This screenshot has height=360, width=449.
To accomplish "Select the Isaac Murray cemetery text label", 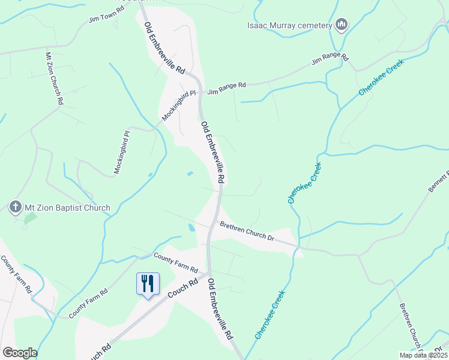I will point(290,26).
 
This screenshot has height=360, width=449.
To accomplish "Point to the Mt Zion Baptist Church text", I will point(67,208).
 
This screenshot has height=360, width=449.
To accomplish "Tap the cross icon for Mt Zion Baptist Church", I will point(16,208).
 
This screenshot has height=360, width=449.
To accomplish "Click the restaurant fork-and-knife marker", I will point(148,283).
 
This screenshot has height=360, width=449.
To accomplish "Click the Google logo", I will point(20,353).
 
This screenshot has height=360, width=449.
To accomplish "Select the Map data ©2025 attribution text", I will point(423,355).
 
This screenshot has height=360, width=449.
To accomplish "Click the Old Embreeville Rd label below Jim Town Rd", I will point(164,48).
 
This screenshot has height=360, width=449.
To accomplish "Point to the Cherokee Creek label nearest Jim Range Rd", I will point(381,76).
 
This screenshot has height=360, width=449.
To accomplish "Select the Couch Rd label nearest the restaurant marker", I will point(182,290).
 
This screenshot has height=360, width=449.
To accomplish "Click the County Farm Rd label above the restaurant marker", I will point(175,263).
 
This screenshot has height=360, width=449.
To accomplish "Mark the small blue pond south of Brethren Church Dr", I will point(191,228).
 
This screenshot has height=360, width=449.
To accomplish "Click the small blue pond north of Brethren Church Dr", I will point(190,174).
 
